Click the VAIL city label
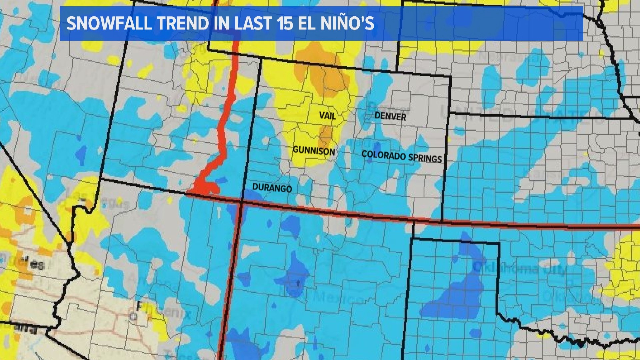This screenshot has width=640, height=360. (327, 115)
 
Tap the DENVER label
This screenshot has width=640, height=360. (390, 116)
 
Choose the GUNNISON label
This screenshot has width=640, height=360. (314, 151)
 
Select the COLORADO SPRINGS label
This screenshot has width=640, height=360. (402, 156)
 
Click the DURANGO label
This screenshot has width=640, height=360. (272, 188)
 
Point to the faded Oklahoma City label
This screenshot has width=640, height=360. (520, 269)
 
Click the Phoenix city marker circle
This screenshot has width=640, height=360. (133, 316)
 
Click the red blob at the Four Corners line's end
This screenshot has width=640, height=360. (205, 187)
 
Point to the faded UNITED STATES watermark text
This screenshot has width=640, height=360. (520, 115)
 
